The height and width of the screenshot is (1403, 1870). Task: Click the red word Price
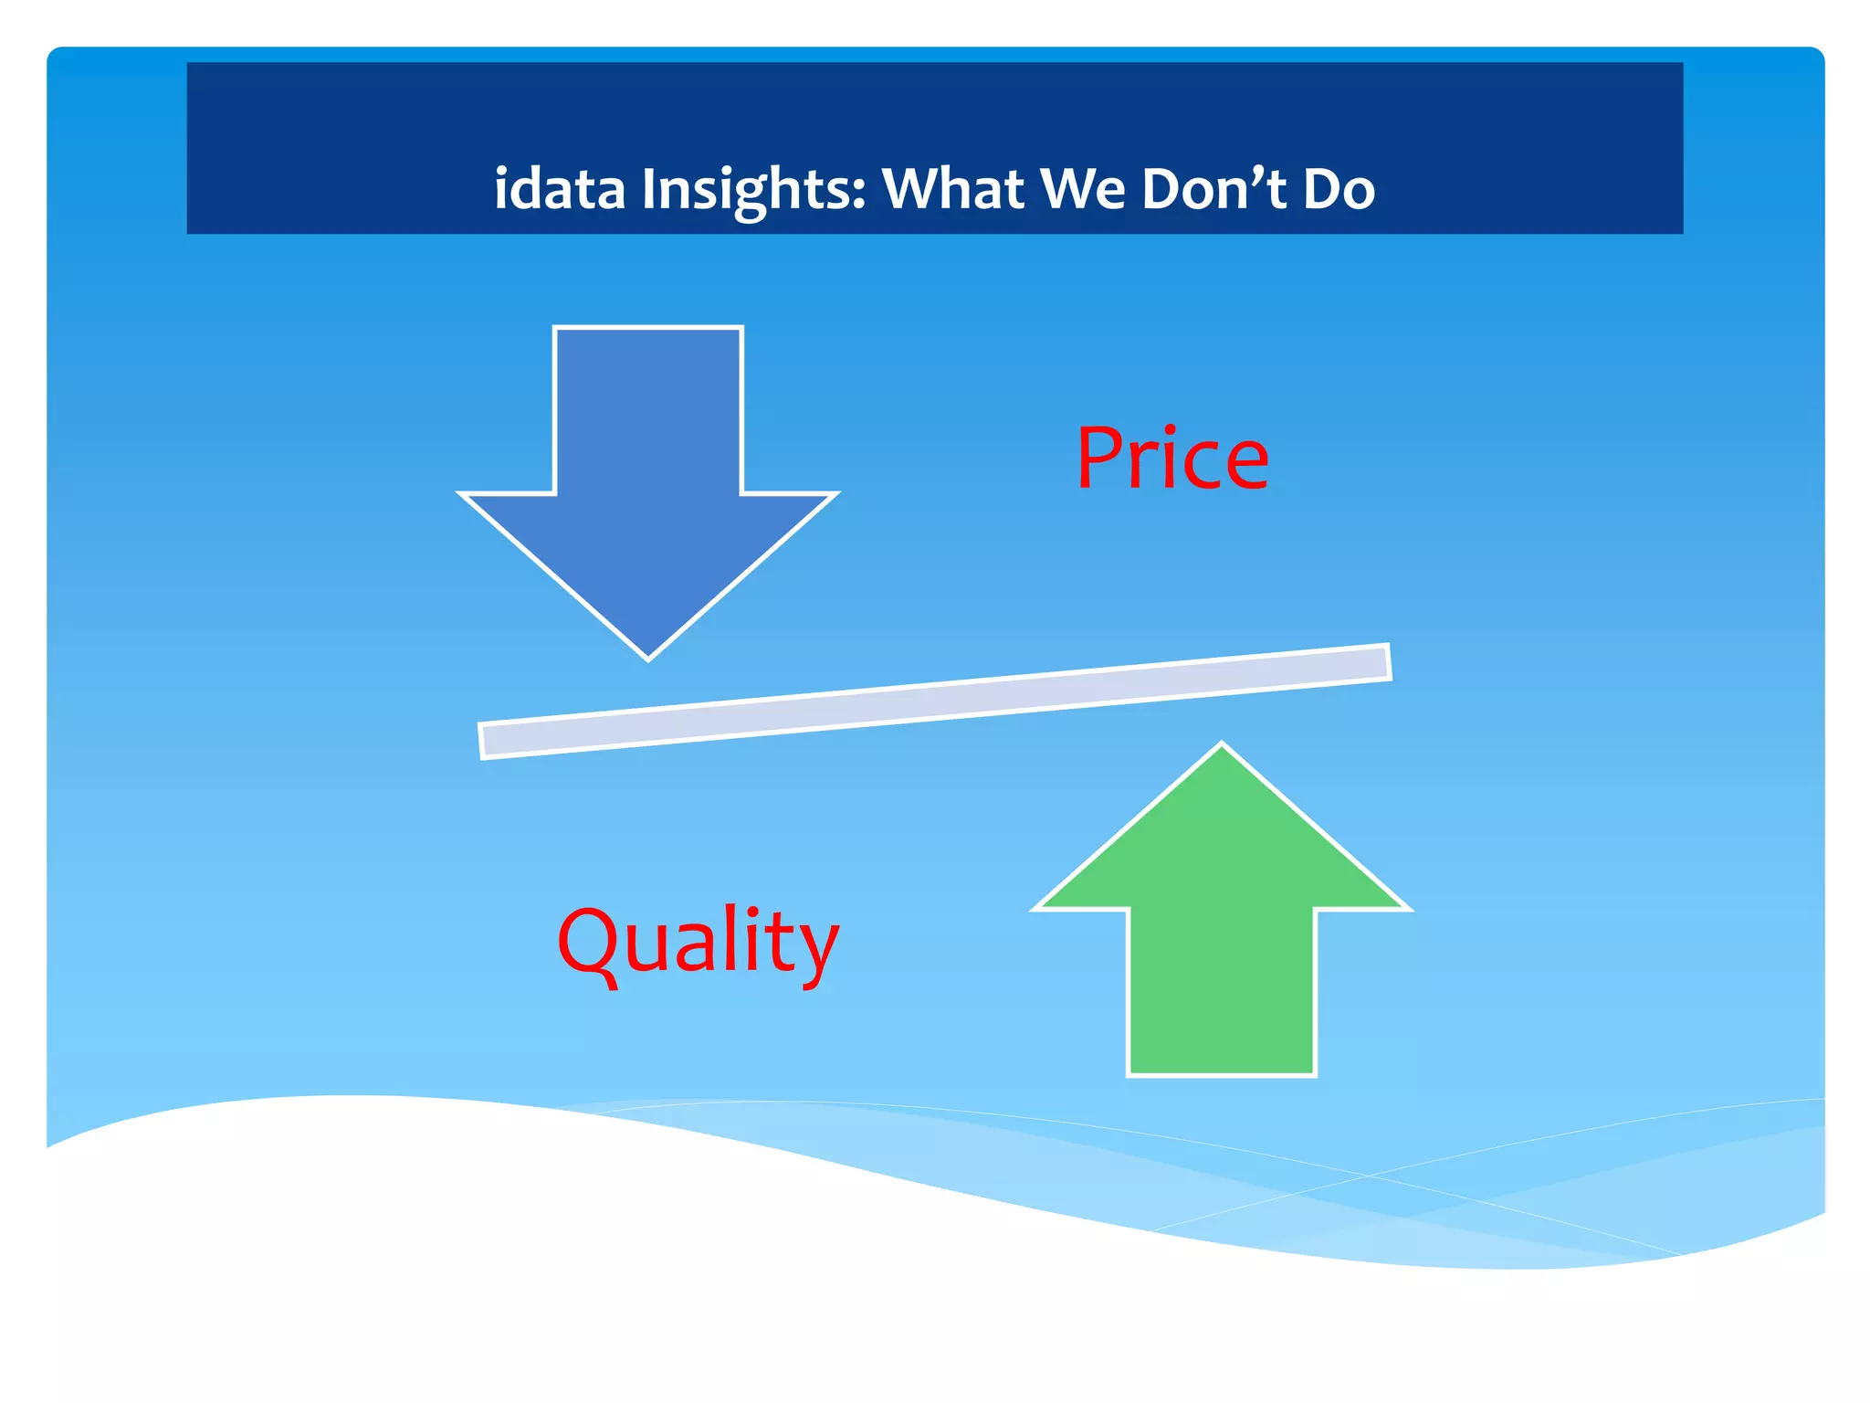(1172, 459)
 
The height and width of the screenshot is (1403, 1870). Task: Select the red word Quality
(698, 943)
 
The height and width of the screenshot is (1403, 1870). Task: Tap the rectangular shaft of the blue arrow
(648, 411)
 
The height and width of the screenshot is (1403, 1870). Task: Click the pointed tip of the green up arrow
(1222, 747)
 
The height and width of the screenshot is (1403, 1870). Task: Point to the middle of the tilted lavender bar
(935, 701)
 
